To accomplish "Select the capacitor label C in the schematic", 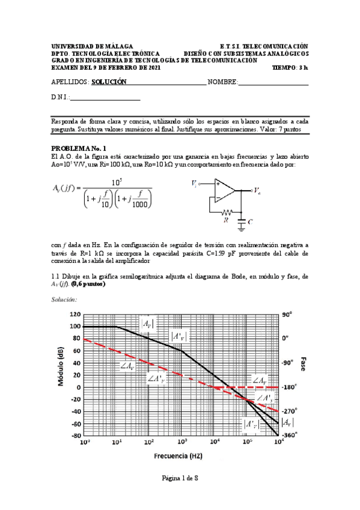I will tap(249, 221).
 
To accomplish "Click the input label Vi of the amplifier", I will tap(194, 182).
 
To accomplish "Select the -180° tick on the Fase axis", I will tap(288, 387).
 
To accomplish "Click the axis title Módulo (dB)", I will tap(62, 374).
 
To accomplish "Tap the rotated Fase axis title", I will tap(304, 364).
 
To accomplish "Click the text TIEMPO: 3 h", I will tap(290, 68).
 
